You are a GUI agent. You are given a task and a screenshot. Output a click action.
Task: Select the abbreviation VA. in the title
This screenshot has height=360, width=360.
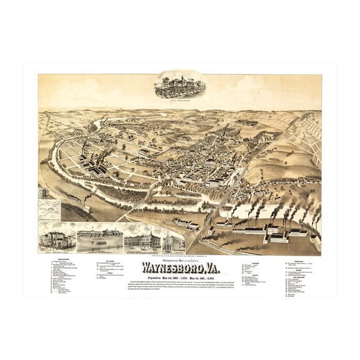coord(210,265)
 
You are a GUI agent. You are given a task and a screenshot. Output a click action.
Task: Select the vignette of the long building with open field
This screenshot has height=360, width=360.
coord(98,240)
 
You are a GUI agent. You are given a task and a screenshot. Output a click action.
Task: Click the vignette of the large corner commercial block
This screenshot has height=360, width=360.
coord(143,241)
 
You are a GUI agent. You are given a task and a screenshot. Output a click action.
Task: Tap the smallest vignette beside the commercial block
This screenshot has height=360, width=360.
coord(171,241)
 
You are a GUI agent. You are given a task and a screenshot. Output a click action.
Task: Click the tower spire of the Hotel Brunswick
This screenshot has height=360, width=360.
coord(179,76)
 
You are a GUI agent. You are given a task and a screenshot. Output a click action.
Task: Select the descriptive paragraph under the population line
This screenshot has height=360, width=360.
coord(179,282)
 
